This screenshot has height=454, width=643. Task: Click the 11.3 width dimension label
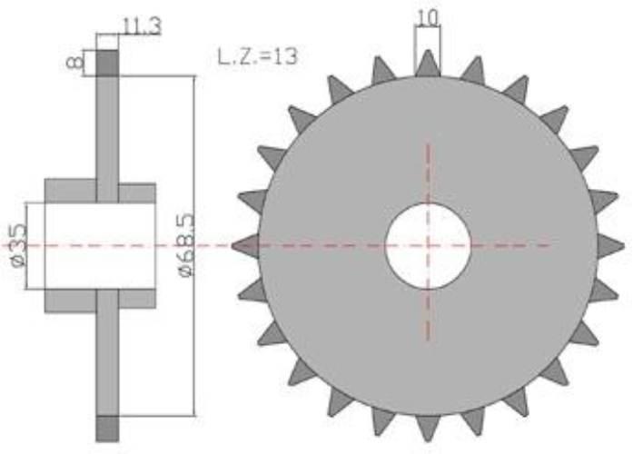click(x=142, y=26)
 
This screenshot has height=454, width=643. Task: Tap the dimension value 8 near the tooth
click(x=74, y=63)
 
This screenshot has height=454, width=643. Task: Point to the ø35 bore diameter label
click(x=19, y=244)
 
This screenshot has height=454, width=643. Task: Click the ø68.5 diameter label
click(x=187, y=245)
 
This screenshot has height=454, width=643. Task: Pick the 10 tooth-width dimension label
click(x=428, y=18)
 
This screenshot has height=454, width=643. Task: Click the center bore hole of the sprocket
click(x=428, y=246)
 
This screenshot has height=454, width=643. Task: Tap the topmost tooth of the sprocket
click(x=428, y=64)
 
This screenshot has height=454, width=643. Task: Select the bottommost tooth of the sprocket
click(x=428, y=429)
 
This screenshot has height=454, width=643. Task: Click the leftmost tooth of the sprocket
click(x=245, y=246)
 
